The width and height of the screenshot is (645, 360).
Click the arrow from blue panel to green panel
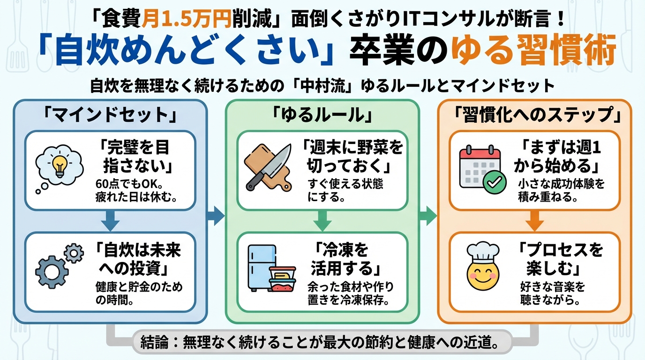[x=216, y=215]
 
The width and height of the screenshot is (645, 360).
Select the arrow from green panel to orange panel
[x=427, y=215]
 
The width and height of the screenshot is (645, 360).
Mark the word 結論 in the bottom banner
[x=155, y=343]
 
